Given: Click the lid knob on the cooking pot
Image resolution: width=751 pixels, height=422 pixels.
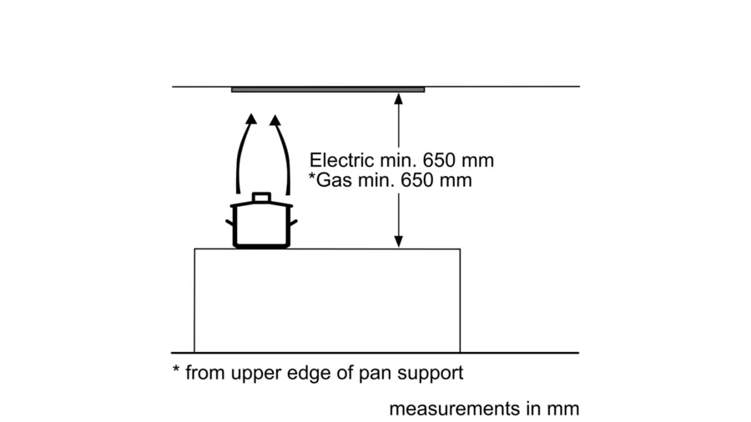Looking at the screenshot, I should pyautogui.click(x=262, y=197).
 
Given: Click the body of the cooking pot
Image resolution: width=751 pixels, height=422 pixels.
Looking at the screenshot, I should pyautogui.click(x=262, y=225).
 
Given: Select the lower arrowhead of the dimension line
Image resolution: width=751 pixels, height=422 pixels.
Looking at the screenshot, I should pyautogui.click(x=399, y=241).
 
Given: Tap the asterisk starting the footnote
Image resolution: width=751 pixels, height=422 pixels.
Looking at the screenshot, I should pyautogui.click(x=176, y=370).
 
